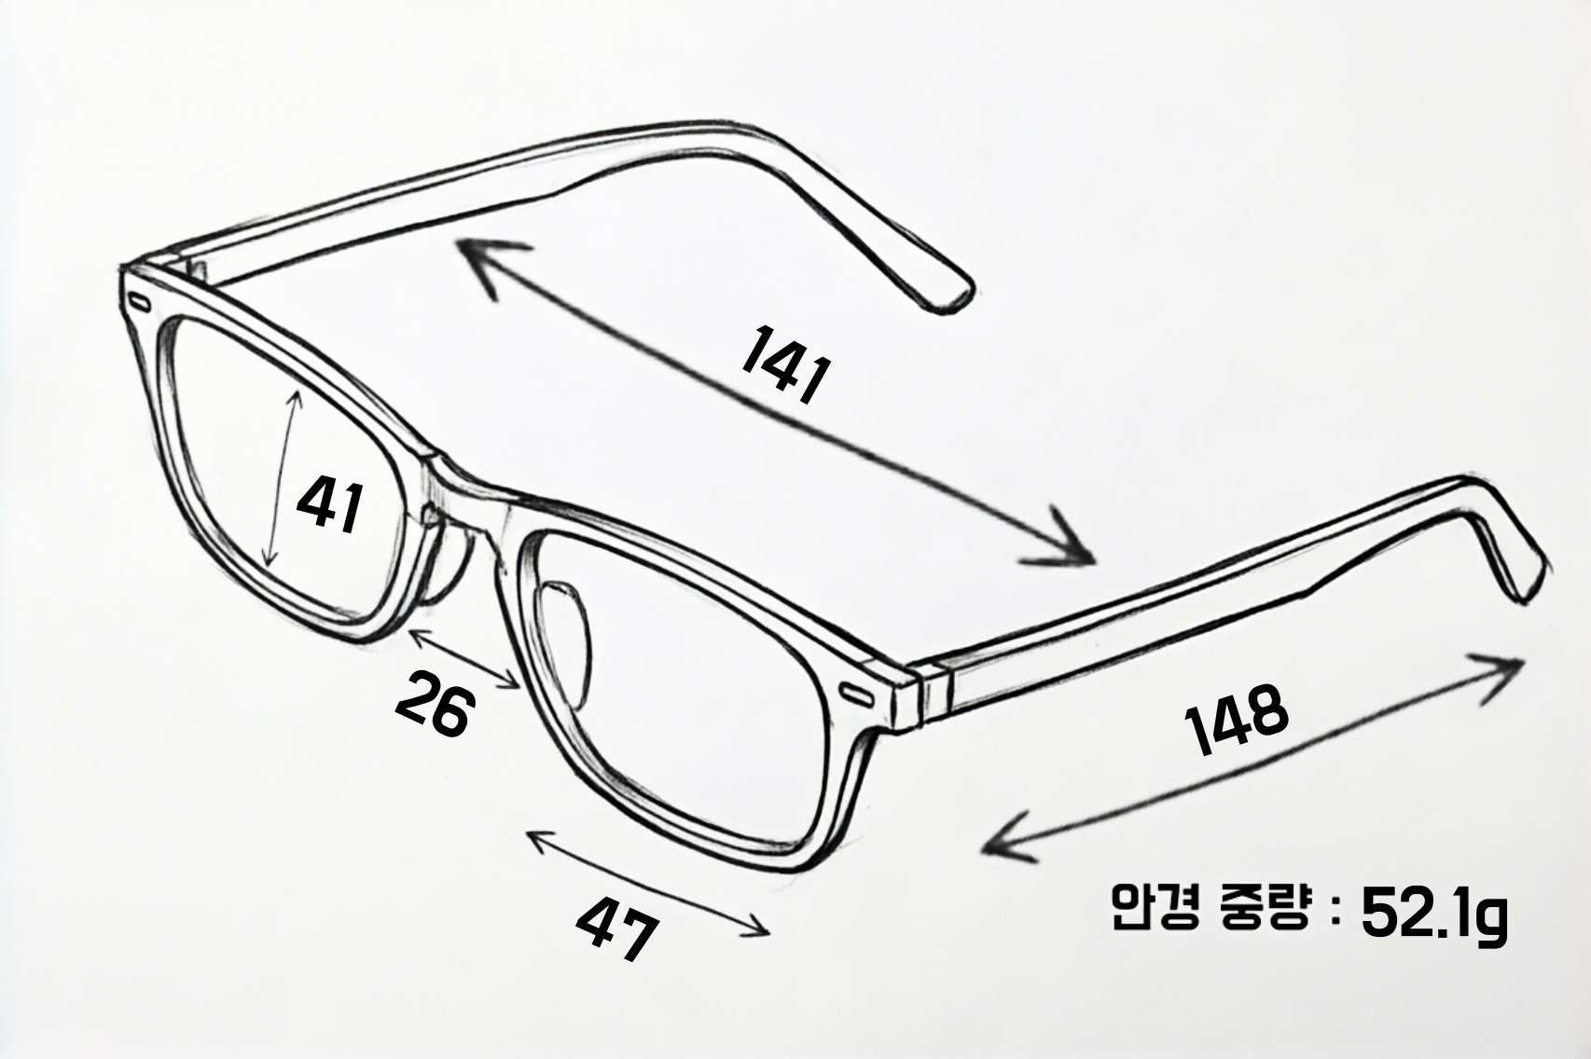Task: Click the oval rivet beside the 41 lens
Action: pos(139,303)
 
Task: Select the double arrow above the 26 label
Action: pos(465,658)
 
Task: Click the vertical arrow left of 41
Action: pos(283,479)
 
